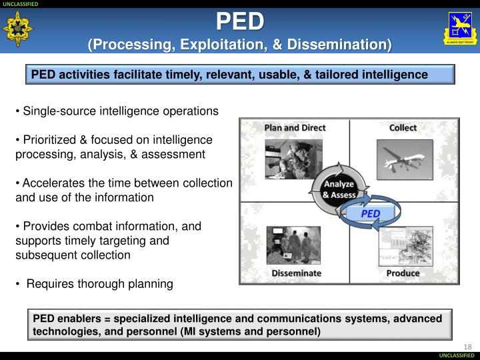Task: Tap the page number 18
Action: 467,345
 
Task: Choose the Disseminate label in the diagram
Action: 296,273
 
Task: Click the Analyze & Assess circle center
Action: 339,189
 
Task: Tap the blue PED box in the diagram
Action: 370,213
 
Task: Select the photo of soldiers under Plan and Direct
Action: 293,159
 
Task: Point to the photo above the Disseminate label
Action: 293,245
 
